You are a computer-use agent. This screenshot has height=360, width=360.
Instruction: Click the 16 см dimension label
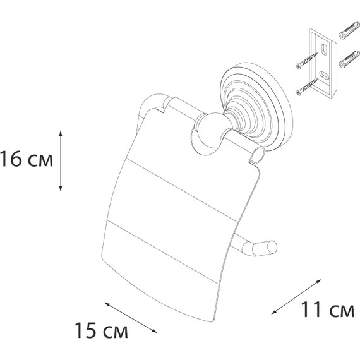tap(27, 159)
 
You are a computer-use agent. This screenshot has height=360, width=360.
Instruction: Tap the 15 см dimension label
tap(101, 330)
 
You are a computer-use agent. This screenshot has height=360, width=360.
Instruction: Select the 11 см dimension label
tap(328, 309)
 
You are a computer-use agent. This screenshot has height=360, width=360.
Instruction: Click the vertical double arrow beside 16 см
tap(61, 160)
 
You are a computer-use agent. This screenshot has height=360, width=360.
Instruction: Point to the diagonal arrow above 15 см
tap(131, 318)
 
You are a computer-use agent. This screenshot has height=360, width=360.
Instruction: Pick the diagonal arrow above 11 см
tap(296, 296)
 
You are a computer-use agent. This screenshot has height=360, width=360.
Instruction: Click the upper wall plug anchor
tap(349, 30)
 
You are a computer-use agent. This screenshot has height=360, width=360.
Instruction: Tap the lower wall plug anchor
tap(349, 59)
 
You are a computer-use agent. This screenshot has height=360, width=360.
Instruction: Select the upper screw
tap(307, 61)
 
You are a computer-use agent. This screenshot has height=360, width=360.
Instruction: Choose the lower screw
tap(307, 87)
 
